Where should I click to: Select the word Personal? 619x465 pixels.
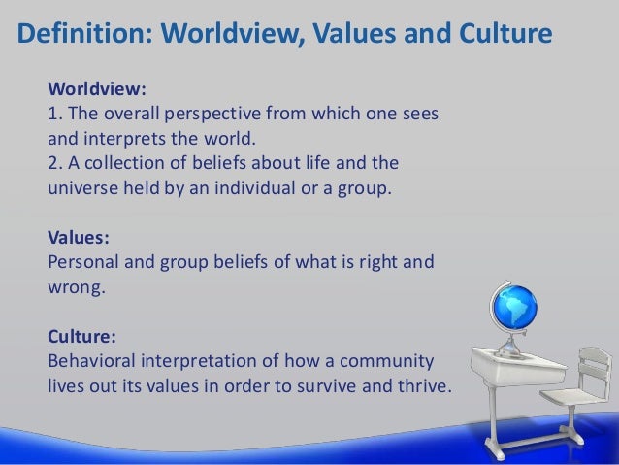(84, 262)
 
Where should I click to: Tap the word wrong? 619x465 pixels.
(74, 287)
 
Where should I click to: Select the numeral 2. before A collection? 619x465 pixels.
(54, 161)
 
